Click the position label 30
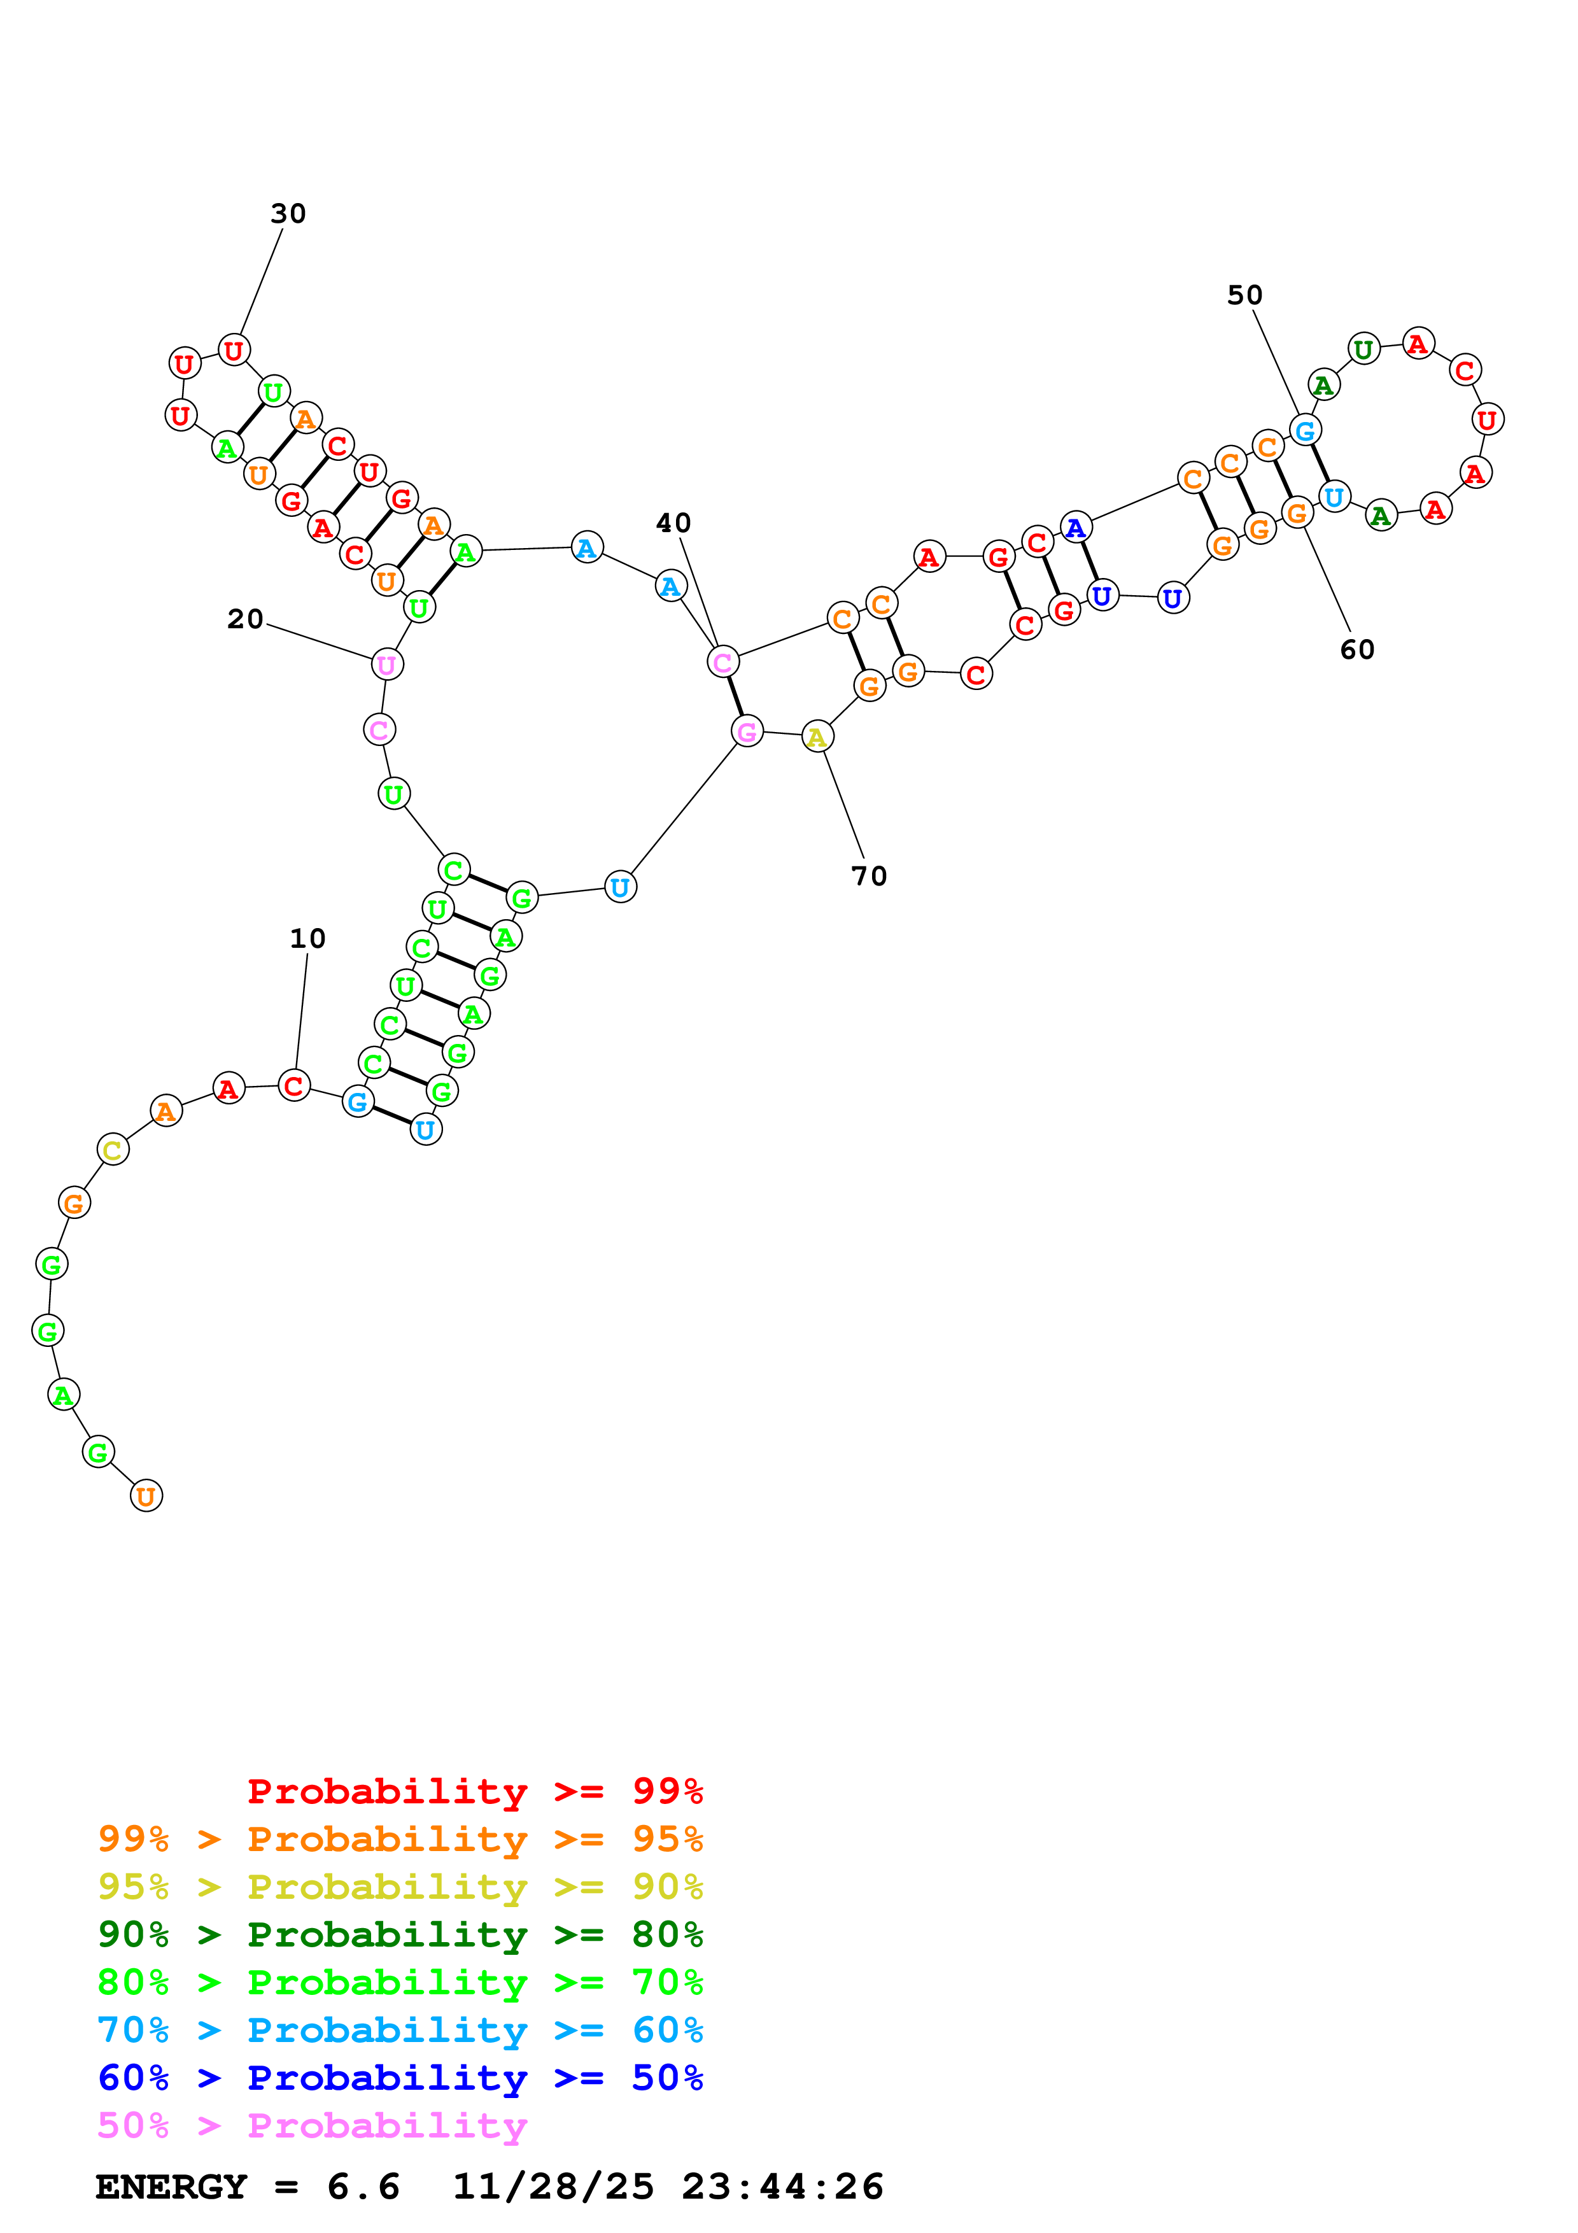click(x=288, y=214)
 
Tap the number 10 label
click(x=307, y=938)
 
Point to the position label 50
click(x=1244, y=295)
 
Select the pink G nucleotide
click(x=747, y=731)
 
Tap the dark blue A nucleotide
click(x=1075, y=528)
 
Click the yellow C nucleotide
click(x=113, y=1150)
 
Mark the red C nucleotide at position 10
click(x=293, y=1085)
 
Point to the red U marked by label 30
click(x=234, y=350)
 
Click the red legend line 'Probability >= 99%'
click(x=474, y=1791)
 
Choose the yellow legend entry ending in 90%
click(x=400, y=1887)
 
